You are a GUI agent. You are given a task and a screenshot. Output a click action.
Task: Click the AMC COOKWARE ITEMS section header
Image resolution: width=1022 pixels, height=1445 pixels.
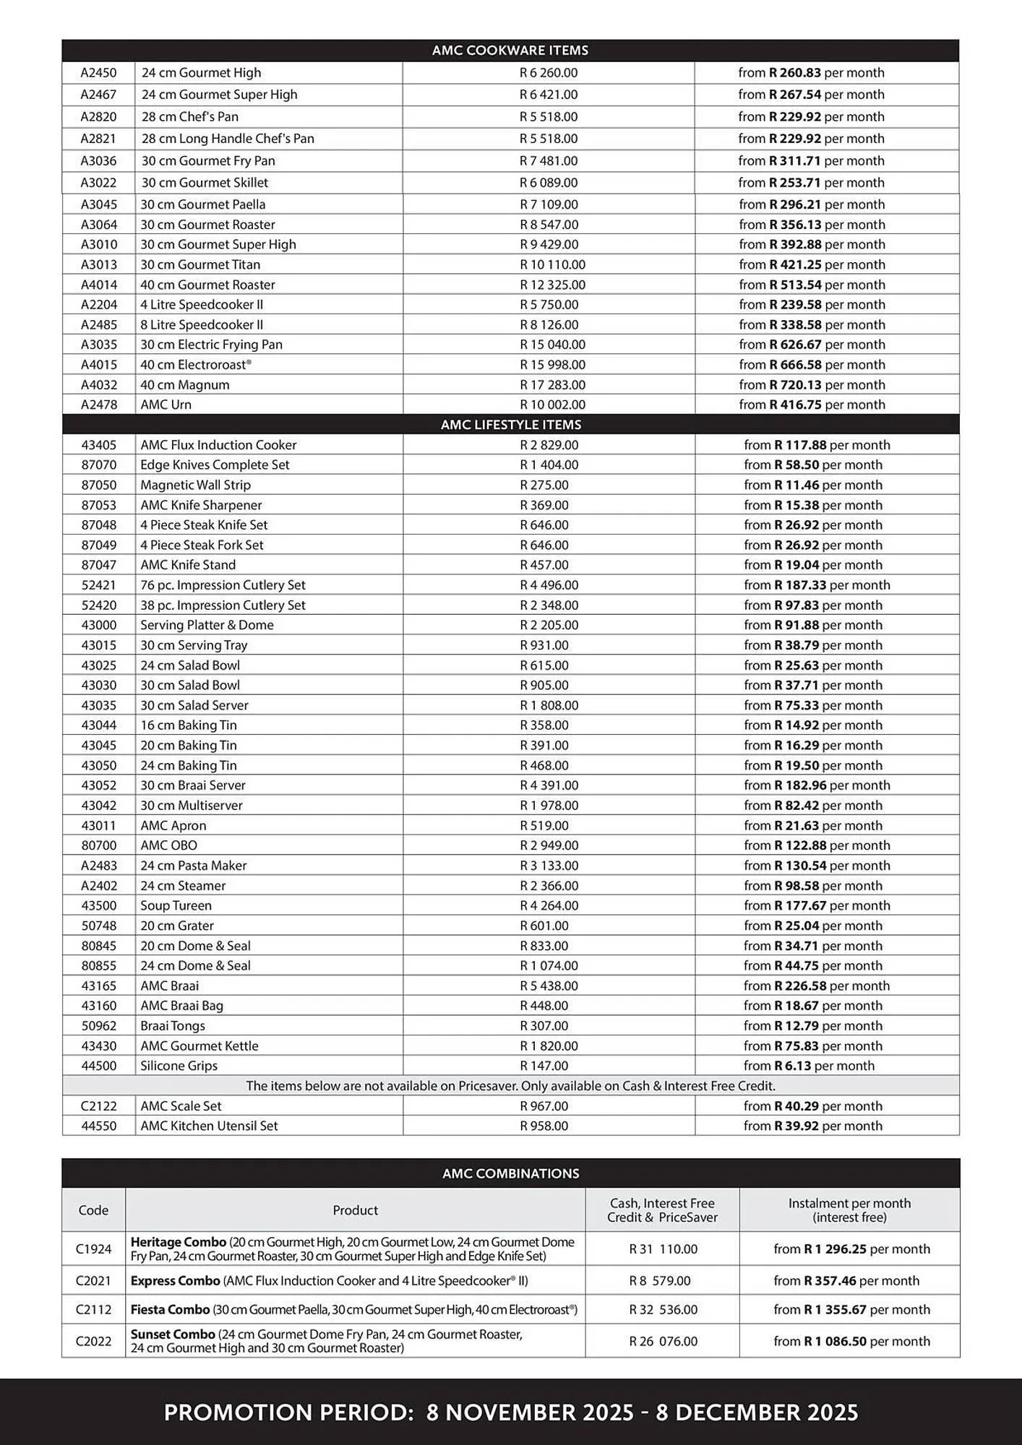510,51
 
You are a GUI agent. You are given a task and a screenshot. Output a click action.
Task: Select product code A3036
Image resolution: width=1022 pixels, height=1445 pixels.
98,161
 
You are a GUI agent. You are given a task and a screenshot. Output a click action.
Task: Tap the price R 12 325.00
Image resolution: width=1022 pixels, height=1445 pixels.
552,285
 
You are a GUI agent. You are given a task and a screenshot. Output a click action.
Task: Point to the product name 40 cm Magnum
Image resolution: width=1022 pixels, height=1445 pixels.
185,385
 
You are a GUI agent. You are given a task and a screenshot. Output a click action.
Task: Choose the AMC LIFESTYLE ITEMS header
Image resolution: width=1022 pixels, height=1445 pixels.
510,425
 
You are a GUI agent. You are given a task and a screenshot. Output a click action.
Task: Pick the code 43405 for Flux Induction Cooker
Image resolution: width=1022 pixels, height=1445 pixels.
98,445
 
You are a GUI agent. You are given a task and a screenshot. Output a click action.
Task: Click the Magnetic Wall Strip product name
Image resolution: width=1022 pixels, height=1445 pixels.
195,485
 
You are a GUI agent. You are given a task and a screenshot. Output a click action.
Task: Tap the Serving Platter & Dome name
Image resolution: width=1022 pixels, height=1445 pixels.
207,625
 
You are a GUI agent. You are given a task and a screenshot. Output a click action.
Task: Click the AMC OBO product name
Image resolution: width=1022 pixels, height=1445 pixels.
168,845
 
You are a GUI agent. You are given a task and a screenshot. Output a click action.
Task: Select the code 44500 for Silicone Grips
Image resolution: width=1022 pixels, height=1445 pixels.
98,1066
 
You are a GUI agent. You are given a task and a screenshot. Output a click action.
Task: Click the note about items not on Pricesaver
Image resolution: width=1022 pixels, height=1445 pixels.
510,1086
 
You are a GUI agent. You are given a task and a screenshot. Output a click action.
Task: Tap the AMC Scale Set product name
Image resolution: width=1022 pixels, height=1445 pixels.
181,1106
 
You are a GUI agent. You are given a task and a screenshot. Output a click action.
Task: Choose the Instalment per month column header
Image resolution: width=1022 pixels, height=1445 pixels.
849,1210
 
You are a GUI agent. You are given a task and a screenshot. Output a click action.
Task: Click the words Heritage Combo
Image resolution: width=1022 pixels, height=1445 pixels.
178,1242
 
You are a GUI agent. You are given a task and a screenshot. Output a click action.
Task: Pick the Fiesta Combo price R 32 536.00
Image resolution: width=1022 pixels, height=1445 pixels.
663,1310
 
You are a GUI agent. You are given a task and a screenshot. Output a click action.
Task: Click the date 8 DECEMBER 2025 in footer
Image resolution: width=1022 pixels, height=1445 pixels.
757,1412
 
